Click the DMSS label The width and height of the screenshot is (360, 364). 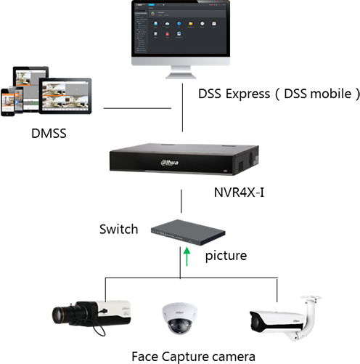tap(49, 133)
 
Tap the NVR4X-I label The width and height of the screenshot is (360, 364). tap(239, 193)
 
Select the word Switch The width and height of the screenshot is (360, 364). tap(119, 229)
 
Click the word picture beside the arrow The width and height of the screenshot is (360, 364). tap(226, 256)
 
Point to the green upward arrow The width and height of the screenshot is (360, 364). tap(187, 256)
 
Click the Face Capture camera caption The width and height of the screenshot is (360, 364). tap(193, 357)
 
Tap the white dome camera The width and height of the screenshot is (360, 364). tap(179, 318)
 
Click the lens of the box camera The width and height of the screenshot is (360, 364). tap(61, 315)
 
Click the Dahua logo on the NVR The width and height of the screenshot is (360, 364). tap(170, 163)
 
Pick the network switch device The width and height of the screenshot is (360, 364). tap(188, 232)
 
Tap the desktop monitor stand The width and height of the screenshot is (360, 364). tap(181, 72)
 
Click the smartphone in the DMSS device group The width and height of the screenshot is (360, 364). tap(8, 102)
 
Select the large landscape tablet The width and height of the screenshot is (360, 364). tap(65, 96)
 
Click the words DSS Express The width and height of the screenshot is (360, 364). tap(234, 94)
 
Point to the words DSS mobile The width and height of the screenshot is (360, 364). tap(318, 94)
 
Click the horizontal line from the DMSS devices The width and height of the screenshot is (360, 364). tap(137, 108)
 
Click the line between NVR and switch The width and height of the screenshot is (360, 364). tap(181, 201)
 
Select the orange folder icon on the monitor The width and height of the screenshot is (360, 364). tap(191, 23)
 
